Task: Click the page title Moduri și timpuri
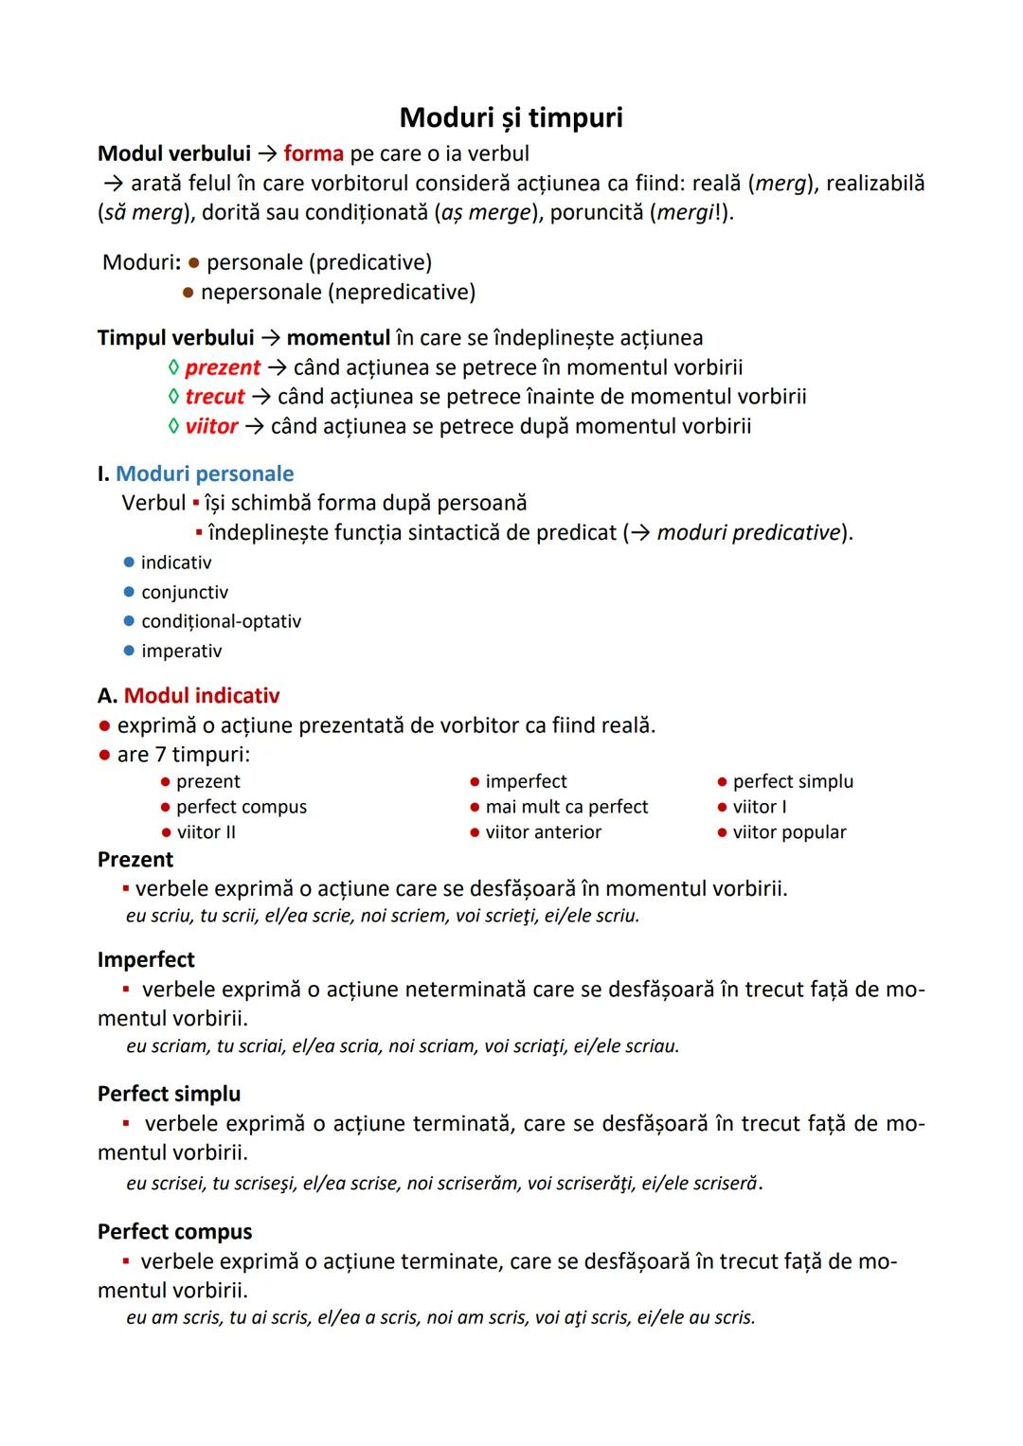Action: tap(511, 117)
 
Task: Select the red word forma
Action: tap(313, 153)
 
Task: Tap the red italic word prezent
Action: tap(223, 367)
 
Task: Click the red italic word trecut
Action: tap(215, 397)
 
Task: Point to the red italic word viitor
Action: tap(211, 426)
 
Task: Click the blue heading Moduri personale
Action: tap(205, 473)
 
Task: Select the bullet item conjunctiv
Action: tap(185, 593)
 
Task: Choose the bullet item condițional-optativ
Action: tap(221, 622)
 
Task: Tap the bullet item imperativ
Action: tap(181, 652)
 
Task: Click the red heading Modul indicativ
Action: tap(202, 696)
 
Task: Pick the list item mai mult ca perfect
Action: tap(566, 807)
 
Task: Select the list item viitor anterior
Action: tap(543, 832)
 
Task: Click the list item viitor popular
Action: tap(789, 832)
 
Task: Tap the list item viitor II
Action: tap(206, 832)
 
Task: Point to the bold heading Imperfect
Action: tap(146, 959)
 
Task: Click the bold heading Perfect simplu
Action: tap(169, 1094)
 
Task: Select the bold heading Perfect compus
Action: tap(174, 1232)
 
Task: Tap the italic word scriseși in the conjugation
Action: tap(262, 1184)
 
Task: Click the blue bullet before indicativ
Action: tap(129, 562)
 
